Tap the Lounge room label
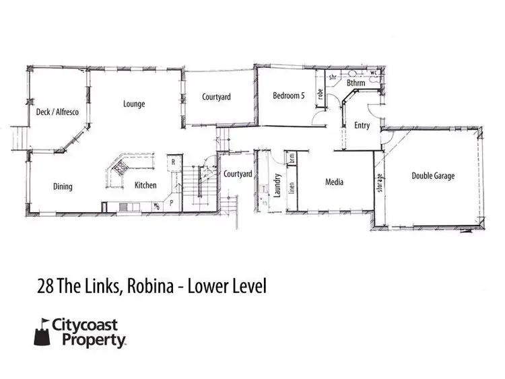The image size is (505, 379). pyautogui.click(x=134, y=104)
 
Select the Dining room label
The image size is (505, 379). pyautogui.click(x=63, y=186)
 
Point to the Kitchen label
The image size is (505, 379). pyautogui.click(x=145, y=185)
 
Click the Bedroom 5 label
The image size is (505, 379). pyautogui.click(x=288, y=96)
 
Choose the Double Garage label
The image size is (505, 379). pyautogui.click(x=433, y=176)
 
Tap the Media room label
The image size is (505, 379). pyautogui.click(x=335, y=182)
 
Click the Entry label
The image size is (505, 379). pyautogui.click(x=362, y=125)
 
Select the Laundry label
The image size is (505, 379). pyautogui.click(x=277, y=183)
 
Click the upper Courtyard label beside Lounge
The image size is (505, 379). pyautogui.click(x=216, y=97)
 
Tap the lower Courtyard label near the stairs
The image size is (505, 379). pyautogui.click(x=238, y=174)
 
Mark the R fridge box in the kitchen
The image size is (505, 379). pyautogui.click(x=173, y=162)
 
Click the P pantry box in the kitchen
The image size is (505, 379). pyautogui.click(x=171, y=201)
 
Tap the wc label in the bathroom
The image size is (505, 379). pyautogui.click(x=374, y=71)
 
